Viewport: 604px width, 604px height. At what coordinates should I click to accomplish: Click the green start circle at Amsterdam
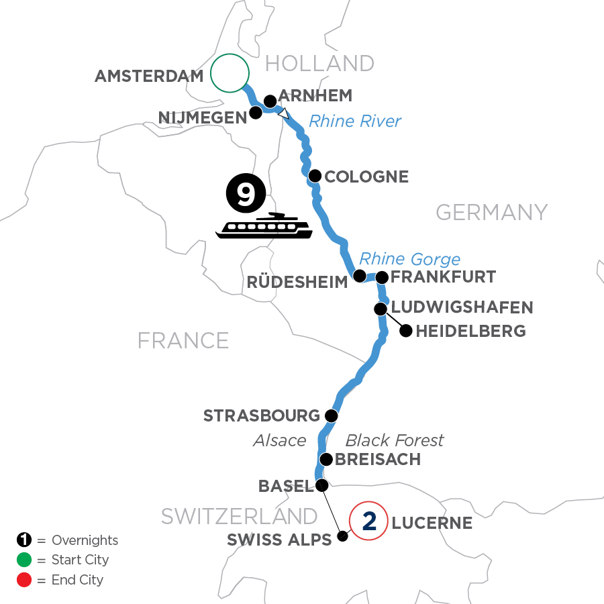click(230, 72)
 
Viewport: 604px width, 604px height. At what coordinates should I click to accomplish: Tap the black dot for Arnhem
click(270, 101)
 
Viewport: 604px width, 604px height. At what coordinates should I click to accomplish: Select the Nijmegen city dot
click(256, 113)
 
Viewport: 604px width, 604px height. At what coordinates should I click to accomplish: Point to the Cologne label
click(366, 177)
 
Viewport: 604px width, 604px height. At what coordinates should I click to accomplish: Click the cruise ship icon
click(264, 228)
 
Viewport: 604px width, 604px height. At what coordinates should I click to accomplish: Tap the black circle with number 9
click(246, 193)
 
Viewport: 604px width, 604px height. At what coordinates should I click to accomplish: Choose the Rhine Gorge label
click(410, 259)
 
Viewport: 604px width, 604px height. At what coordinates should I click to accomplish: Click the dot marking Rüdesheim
click(359, 276)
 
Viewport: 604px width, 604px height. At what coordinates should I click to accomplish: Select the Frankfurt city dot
click(382, 276)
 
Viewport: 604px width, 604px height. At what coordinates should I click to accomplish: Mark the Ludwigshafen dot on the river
click(381, 309)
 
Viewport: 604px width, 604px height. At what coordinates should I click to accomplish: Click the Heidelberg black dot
click(405, 330)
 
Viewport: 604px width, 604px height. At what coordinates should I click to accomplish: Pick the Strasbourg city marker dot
click(330, 415)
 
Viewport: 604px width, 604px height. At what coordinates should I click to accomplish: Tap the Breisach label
click(378, 460)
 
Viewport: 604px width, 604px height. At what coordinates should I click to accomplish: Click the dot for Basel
click(322, 485)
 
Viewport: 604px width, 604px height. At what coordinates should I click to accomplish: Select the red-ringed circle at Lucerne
click(368, 521)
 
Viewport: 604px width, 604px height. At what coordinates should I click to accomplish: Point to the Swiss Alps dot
click(342, 536)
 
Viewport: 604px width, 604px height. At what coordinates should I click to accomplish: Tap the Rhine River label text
click(354, 121)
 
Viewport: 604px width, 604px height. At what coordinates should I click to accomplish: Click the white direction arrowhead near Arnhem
click(285, 113)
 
